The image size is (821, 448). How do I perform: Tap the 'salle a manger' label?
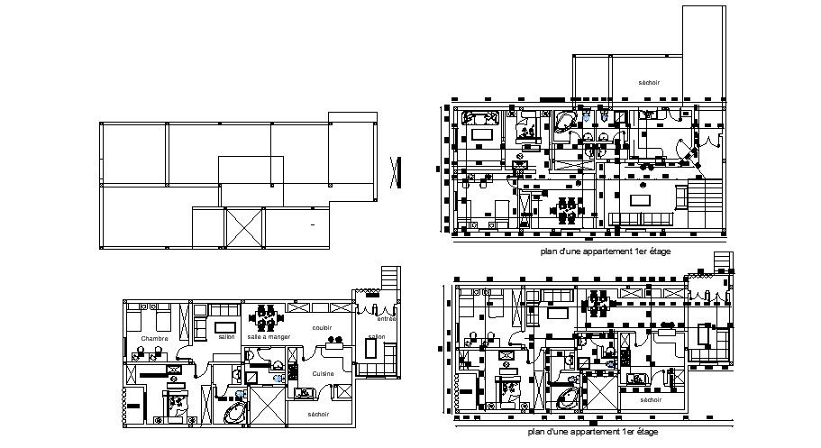pos(269,336)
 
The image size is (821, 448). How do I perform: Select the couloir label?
pos(324,328)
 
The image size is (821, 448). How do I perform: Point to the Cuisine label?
pos(324,372)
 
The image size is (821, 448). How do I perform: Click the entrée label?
pos(387,318)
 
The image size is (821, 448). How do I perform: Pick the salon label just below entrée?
pos(377,336)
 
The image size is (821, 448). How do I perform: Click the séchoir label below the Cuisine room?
pos(317,414)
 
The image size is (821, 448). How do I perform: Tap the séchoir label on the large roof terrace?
pos(649,82)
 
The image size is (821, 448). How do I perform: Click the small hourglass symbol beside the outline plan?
pos(395,171)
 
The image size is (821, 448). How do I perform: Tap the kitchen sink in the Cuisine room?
pos(305,391)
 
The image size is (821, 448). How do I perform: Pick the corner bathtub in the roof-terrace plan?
pos(566,122)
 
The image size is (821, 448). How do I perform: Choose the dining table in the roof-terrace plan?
pos(568,209)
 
